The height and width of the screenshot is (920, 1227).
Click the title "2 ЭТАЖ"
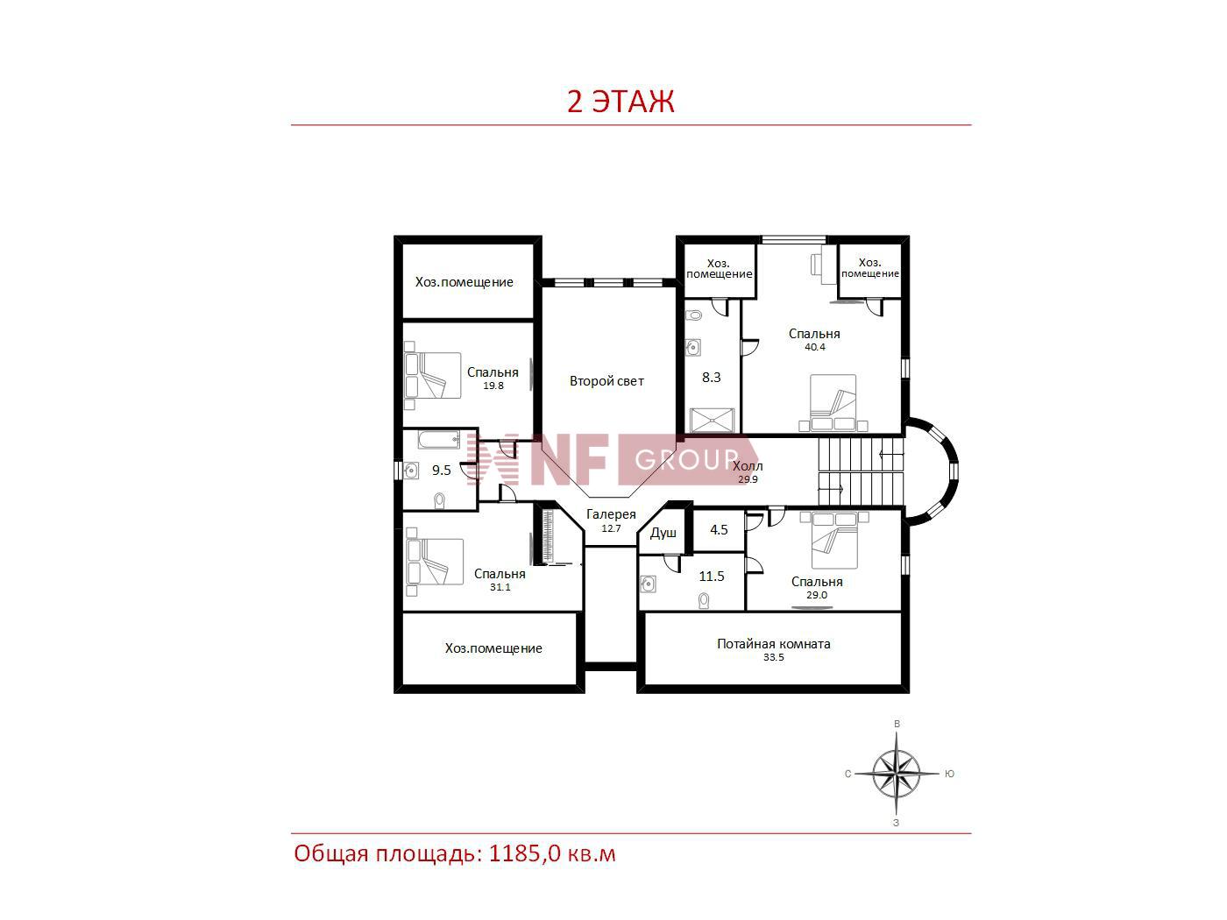pos(620,102)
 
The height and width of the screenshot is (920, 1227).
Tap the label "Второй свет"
pos(606,381)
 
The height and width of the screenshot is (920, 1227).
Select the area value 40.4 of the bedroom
pos(814,347)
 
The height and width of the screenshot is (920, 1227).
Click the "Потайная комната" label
pos(773,643)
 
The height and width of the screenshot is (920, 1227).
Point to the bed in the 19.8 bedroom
pos(433,375)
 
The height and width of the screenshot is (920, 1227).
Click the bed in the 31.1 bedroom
pos(435,562)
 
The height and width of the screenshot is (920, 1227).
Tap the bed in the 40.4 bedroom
pos(833,403)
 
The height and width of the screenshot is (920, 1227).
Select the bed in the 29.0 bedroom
pos(834,540)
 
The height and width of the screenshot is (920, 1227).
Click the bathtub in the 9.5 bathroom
pos(439,440)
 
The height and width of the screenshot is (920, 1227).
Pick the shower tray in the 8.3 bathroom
pos(712,420)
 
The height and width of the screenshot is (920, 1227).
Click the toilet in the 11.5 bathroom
pos(705,600)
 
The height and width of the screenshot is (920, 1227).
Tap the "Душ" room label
pos(663,533)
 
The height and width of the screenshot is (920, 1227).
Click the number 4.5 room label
pos(719,529)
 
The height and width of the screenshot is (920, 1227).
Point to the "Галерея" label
pos(611,514)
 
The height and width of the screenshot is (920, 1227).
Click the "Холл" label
pos(748,466)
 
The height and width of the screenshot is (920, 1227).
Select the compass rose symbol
pos(896,773)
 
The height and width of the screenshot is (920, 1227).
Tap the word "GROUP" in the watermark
pos(687,460)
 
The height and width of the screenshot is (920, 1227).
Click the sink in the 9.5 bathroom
pos(411,471)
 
